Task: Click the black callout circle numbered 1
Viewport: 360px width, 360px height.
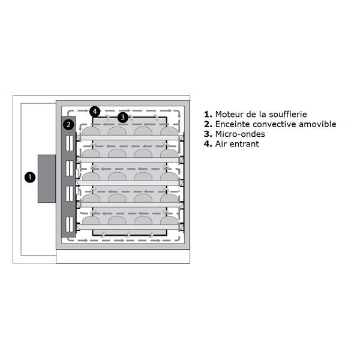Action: click(30, 177)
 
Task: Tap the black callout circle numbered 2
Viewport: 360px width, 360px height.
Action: click(68, 125)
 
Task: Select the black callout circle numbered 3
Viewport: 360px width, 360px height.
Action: click(123, 118)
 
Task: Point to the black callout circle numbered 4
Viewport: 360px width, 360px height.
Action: click(95, 112)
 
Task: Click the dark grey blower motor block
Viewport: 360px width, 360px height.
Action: click(47, 179)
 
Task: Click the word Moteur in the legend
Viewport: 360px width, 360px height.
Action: click(229, 115)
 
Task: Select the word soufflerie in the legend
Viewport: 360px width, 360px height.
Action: click(288, 114)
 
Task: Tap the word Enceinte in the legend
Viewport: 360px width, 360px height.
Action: click(232, 124)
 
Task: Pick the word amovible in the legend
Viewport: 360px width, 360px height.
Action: click(317, 124)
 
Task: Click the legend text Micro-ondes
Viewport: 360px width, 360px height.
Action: click(240, 134)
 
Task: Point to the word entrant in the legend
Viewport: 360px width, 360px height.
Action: click(244, 144)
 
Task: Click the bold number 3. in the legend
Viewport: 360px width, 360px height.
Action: click(208, 134)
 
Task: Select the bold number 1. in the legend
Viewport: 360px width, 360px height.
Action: click(208, 115)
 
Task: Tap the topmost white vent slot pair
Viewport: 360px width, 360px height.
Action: click(70, 143)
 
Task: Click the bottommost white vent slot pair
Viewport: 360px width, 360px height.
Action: click(70, 224)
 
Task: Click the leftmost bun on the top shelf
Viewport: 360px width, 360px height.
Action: click(91, 131)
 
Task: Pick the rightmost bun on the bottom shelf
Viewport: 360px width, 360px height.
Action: click(169, 221)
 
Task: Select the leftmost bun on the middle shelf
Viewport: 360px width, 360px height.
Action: click(91, 176)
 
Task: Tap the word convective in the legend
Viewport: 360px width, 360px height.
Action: click(274, 124)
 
